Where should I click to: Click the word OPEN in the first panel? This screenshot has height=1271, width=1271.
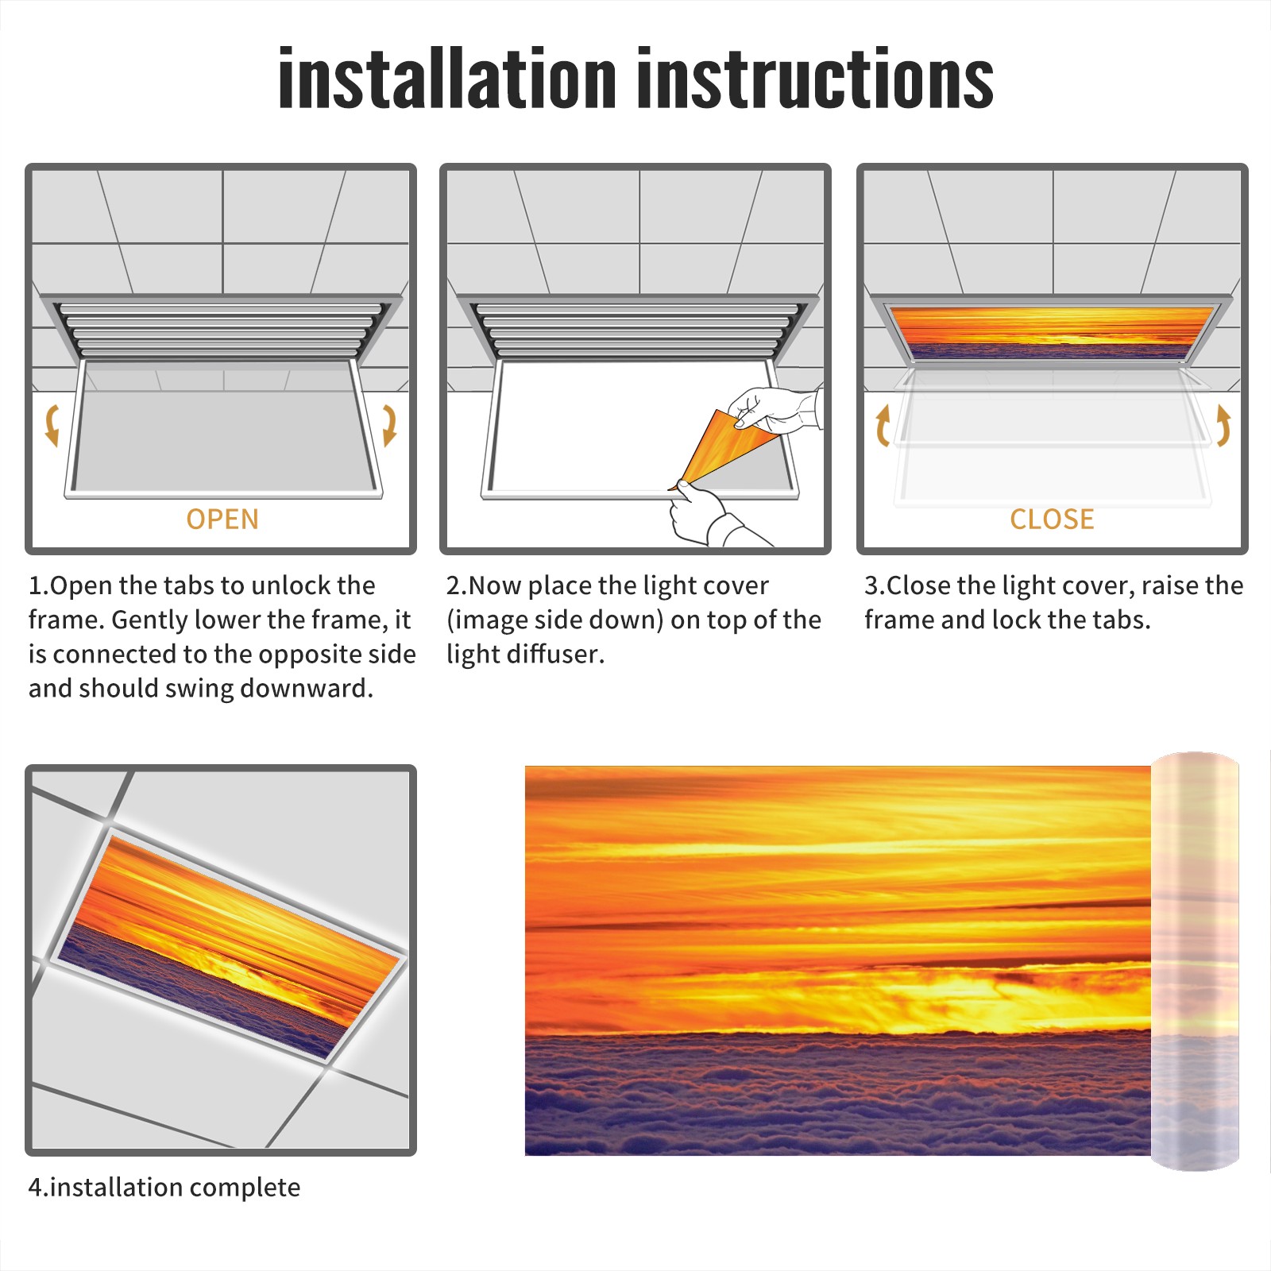(222, 520)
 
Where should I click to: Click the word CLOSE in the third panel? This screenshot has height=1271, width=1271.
(1052, 520)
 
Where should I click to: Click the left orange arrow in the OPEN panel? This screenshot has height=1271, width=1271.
(52, 425)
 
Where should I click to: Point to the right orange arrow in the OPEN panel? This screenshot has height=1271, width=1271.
(389, 425)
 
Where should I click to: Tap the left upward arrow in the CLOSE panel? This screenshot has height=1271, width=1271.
(882, 425)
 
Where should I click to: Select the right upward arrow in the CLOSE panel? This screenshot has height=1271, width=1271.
(1223, 425)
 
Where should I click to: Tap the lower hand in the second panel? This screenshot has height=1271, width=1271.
(711, 516)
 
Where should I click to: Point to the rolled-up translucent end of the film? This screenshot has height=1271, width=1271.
(1195, 961)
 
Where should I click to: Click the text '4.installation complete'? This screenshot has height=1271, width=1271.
(164, 1188)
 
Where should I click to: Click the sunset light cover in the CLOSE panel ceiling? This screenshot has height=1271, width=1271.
(1053, 332)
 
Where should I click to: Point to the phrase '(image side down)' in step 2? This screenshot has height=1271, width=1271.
(554, 620)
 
